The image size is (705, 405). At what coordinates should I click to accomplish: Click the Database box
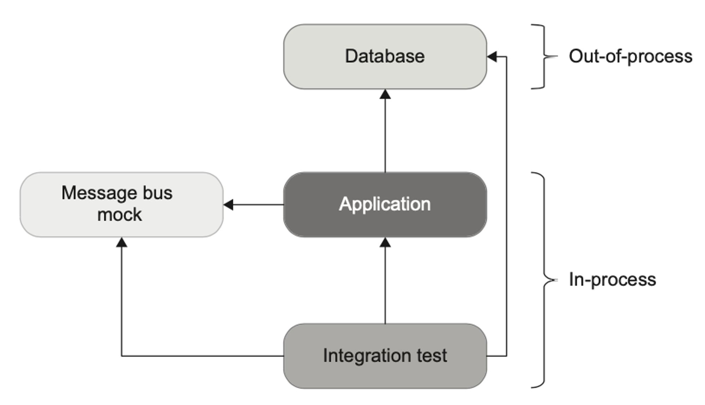(x=385, y=56)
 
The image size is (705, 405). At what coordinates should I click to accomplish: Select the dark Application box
(x=385, y=205)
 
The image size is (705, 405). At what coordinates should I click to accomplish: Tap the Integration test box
(x=385, y=356)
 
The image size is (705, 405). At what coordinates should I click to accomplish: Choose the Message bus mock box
(x=122, y=205)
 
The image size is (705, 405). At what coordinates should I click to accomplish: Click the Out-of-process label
(x=631, y=56)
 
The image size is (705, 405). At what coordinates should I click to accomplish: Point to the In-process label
(x=612, y=280)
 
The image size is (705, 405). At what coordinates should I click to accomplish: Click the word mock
(x=119, y=214)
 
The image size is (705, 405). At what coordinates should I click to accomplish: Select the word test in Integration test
(x=432, y=355)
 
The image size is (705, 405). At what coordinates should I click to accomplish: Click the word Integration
(x=367, y=356)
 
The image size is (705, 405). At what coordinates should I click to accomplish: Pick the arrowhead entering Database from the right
(x=492, y=56)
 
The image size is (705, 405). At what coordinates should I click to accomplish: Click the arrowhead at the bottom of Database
(x=385, y=94)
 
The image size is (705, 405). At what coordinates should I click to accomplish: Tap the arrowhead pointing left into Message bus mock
(x=228, y=205)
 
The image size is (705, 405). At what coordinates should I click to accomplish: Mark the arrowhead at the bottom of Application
(x=385, y=242)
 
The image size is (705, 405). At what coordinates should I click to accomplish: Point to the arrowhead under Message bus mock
(x=122, y=242)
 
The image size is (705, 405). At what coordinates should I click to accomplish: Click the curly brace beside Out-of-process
(x=545, y=56)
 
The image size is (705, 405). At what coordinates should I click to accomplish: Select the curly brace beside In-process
(x=545, y=280)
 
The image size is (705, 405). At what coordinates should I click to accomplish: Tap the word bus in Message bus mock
(x=157, y=193)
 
